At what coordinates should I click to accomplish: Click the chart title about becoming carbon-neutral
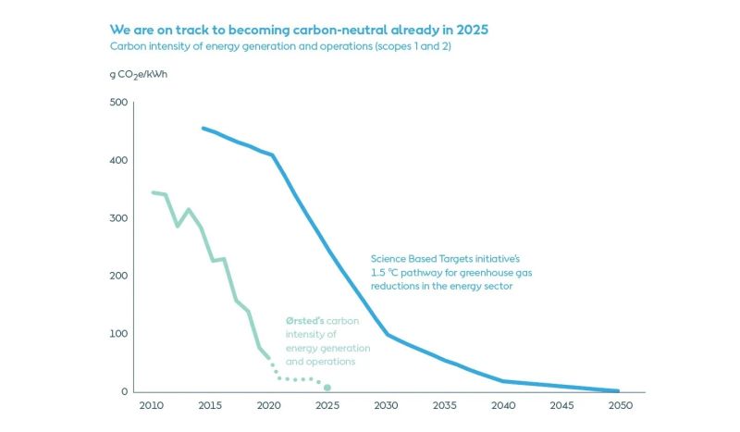pyautogui.click(x=299, y=30)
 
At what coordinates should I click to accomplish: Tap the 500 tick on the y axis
pyautogui.click(x=117, y=103)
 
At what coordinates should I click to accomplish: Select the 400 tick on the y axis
pyautogui.click(x=117, y=161)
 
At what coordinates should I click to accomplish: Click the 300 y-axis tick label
pyautogui.click(x=117, y=218)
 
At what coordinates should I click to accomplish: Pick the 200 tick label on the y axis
pyautogui.click(x=117, y=276)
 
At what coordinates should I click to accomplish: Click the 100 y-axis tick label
pyautogui.click(x=117, y=334)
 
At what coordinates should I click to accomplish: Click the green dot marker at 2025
pyautogui.click(x=327, y=388)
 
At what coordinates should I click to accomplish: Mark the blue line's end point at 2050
pyautogui.click(x=618, y=390)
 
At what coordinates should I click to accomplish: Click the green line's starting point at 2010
pyautogui.click(x=153, y=192)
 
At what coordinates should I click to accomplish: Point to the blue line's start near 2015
pyautogui.click(x=203, y=129)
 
